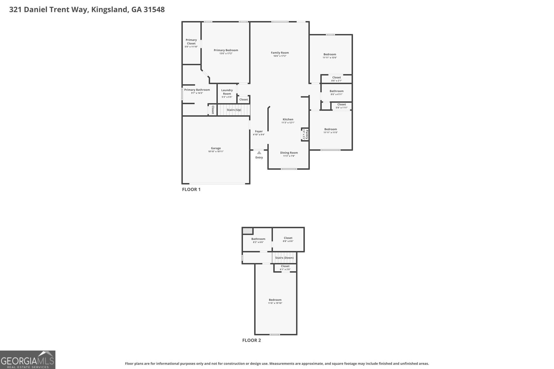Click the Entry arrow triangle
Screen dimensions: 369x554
(x=259, y=153)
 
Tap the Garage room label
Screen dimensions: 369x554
(x=216, y=148)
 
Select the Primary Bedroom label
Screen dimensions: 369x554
(x=226, y=50)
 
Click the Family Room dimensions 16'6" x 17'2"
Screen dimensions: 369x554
(x=280, y=56)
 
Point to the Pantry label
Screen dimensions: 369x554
(x=306, y=134)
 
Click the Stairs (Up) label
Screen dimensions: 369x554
(x=234, y=110)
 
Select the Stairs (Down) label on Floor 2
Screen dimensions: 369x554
(x=284, y=258)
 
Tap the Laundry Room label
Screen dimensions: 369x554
(x=227, y=92)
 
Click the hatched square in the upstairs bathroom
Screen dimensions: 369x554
(x=248, y=231)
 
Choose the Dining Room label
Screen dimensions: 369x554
(x=289, y=153)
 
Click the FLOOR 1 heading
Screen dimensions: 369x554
(x=191, y=190)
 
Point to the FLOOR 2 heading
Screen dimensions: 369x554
(x=251, y=340)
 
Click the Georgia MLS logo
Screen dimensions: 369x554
(x=28, y=360)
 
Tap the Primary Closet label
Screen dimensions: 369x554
(x=191, y=41)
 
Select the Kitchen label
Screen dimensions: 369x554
(x=288, y=119)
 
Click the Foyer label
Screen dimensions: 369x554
(x=259, y=131)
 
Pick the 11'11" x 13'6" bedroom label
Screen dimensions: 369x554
(x=330, y=54)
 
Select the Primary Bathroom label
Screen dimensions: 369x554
(x=197, y=90)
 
